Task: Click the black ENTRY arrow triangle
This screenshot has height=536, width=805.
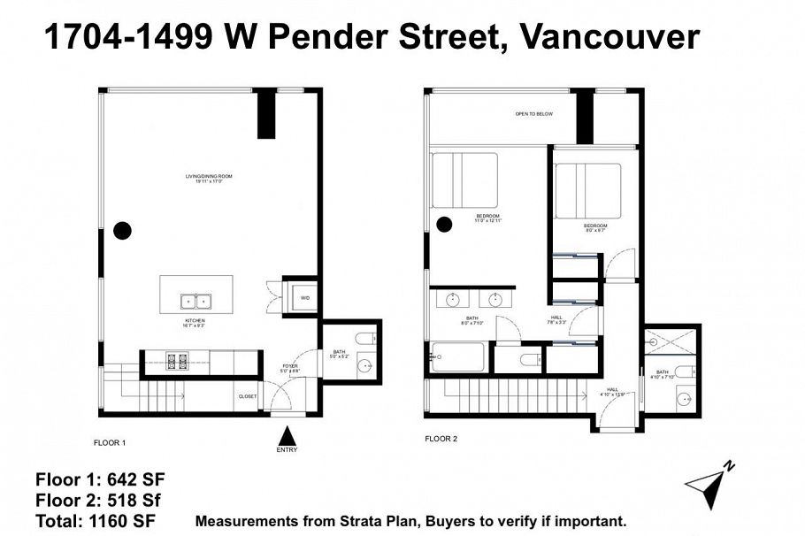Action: tap(287, 435)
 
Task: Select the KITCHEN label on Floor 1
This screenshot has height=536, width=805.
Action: tap(195, 322)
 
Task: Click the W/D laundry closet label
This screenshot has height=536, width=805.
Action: tap(304, 298)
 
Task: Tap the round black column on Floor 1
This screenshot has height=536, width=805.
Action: tap(123, 231)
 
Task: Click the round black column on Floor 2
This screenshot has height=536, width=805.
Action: tap(444, 225)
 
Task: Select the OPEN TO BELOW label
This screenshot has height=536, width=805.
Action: tap(534, 114)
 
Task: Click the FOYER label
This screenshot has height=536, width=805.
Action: tap(289, 367)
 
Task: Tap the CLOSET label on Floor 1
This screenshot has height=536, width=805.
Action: tap(248, 396)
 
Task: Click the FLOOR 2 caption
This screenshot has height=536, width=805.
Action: tap(441, 438)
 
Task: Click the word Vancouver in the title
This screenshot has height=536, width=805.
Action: tap(610, 36)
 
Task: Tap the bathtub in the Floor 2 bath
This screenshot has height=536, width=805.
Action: tap(457, 356)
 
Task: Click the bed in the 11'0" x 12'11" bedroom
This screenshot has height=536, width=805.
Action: tap(464, 180)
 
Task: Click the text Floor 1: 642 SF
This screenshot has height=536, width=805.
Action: tap(100, 480)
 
